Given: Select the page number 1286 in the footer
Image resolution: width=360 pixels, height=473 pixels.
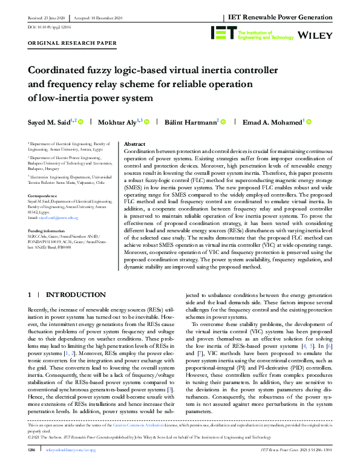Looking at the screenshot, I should tap(34, 466).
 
